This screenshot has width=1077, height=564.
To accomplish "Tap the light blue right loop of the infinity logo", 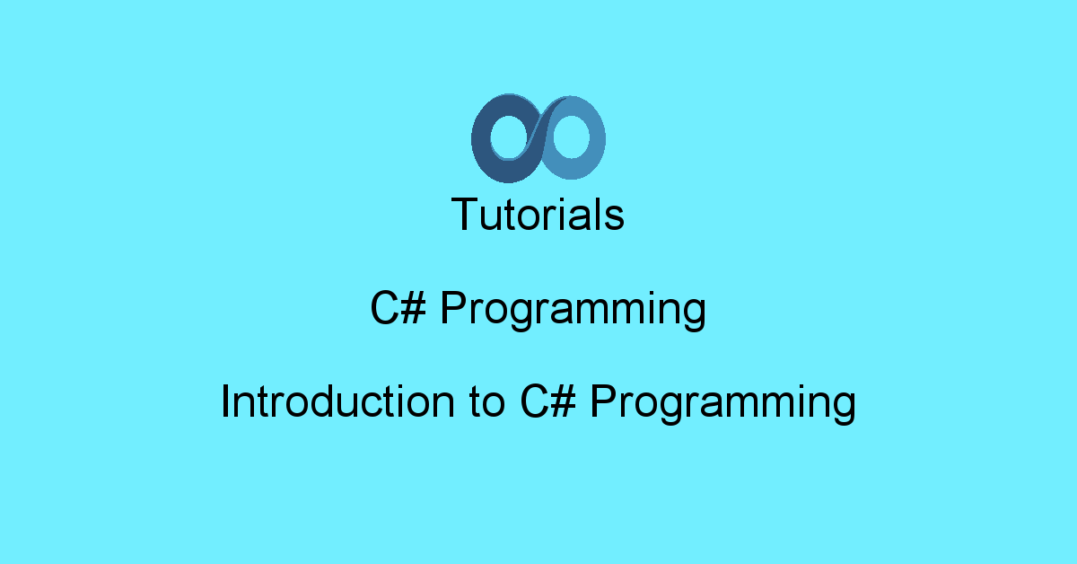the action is tap(596, 139).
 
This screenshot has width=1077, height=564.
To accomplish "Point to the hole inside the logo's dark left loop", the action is tap(510, 137).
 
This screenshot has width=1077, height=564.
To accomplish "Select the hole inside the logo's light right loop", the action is tap(571, 137).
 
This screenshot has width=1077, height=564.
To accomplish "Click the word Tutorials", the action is tap(538, 214).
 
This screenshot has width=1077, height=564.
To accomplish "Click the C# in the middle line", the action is tap(398, 307).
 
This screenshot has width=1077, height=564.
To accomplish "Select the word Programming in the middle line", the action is tap(574, 311).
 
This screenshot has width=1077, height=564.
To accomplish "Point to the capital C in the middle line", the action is tap(384, 308).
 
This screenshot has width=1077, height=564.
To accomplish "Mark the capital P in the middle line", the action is tap(453, 308).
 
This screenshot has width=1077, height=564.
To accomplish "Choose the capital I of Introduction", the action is tap(224, 401).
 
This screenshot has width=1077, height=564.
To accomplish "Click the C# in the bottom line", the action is tap(548, 401).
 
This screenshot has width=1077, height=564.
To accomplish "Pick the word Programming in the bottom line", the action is tap(723, 404).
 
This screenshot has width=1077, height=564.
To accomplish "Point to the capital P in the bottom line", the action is tap(603, 401).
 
